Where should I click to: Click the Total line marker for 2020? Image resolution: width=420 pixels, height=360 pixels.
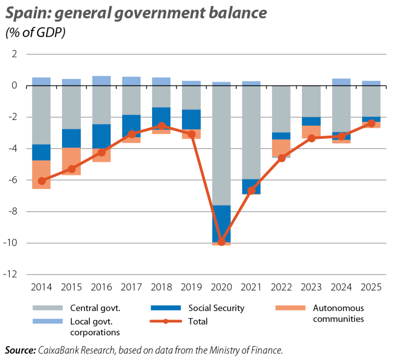point(222,242)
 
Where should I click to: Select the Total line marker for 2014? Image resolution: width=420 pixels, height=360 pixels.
point(42,181)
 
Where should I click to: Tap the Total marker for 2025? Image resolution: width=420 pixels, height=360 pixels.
point(371,123)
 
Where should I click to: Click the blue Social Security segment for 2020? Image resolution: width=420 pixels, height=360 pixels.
point(222,223)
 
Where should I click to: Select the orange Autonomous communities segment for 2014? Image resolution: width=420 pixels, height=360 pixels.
point(42,175)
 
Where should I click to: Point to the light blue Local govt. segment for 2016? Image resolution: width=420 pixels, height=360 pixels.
point(101,80)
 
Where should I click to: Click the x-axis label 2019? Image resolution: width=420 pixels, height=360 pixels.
point(191,287)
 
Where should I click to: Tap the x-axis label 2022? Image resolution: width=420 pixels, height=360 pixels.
point(281,287)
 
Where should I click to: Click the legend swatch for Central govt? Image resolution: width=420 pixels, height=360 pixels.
point(47,308)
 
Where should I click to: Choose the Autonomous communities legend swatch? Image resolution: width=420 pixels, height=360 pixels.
point(290,308)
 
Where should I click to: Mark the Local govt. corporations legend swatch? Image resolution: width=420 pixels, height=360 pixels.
point(47,321)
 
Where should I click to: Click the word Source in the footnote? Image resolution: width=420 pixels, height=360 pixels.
point(20,350)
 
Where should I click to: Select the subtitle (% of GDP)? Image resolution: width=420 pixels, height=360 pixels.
point(35,33)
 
